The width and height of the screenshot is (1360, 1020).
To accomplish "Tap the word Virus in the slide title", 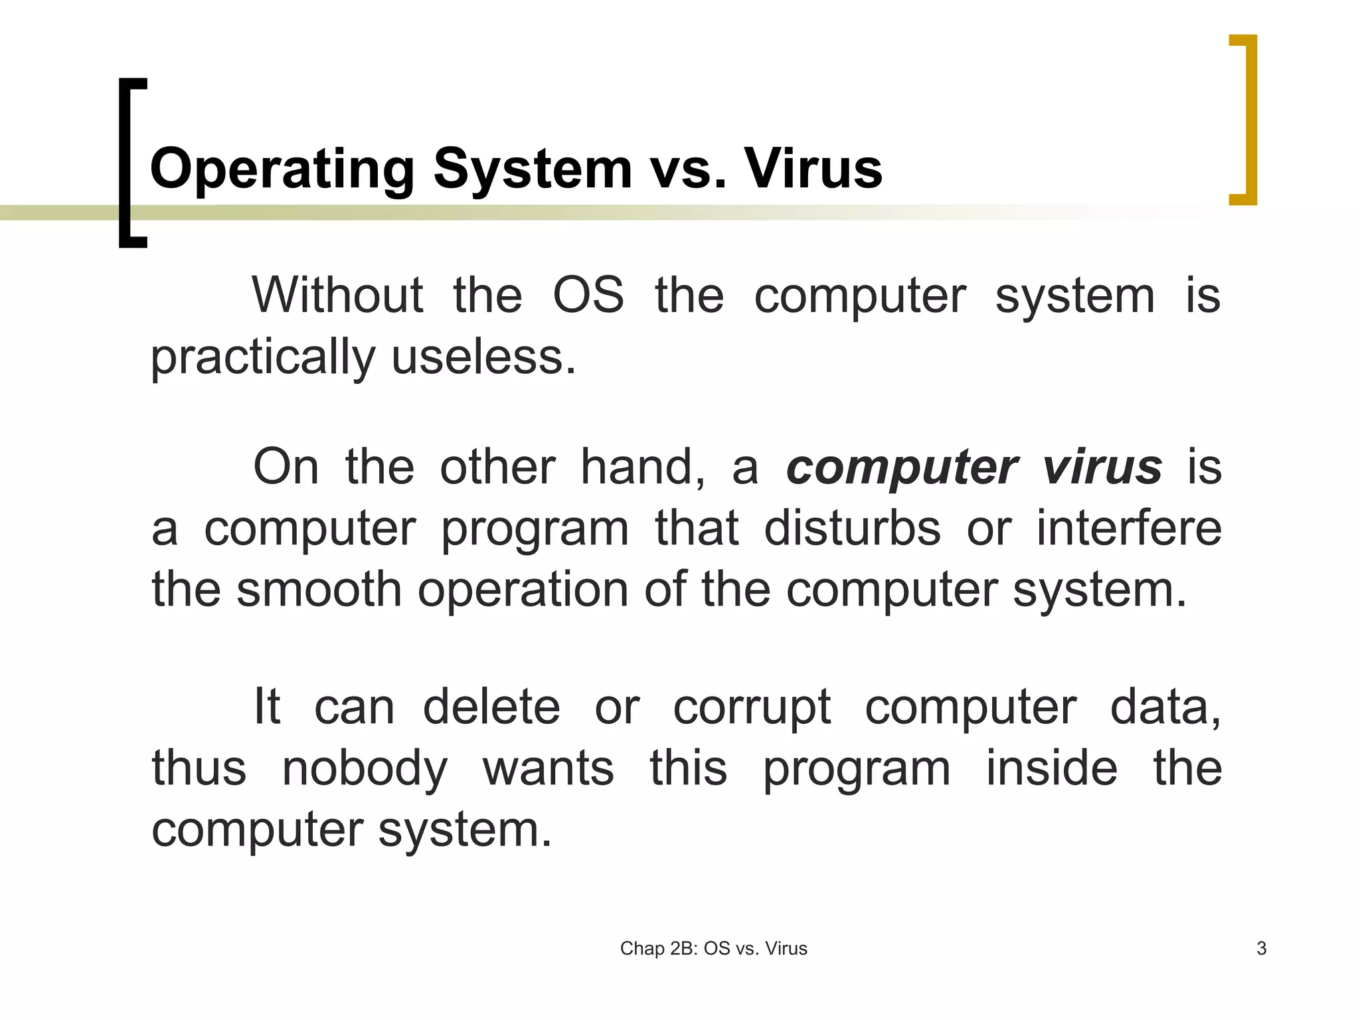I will (813, 169).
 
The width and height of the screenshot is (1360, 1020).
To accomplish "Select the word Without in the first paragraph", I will (337, 296).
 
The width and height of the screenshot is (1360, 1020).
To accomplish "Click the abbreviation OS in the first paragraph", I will (588, 296).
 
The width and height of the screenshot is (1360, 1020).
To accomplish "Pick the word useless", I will (483, 357).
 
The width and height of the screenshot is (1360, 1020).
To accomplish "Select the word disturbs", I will (852, 529).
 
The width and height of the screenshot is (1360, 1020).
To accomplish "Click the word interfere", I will (1129, 529).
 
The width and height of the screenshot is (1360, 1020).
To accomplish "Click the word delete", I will (491, 707).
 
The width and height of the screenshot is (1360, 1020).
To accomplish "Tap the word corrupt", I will (752, 708).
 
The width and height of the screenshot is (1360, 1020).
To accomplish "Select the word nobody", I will (365, 769).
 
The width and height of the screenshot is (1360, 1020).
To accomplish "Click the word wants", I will (549, 769).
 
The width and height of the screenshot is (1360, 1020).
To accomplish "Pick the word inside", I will (1052, 768).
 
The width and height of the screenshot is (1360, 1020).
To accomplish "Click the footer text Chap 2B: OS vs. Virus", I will (713, 948).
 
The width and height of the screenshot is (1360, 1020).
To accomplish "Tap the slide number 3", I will (1262, 948).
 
